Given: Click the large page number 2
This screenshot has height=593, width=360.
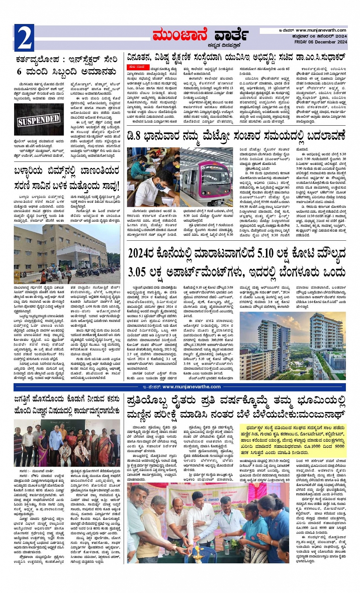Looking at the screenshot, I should (x=24, y=38).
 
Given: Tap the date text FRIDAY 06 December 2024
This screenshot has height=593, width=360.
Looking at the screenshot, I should (x=322, y=42).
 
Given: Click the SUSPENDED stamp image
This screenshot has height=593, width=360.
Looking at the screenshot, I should (x=38, y=120).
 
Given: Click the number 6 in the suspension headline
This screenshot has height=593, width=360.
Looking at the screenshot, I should (x=19, y=72).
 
